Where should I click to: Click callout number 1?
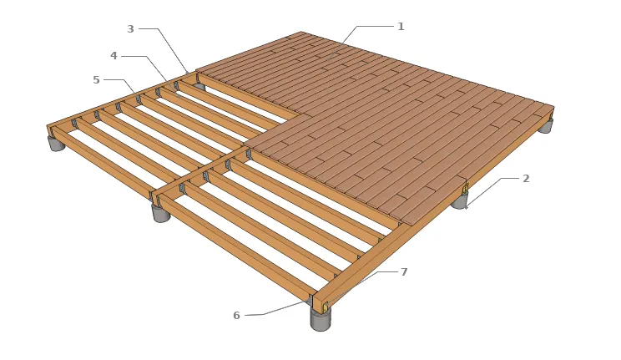click(x=401, y=27)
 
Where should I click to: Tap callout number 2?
click(x=526, y=179)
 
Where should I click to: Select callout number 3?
click(x=131, y=29)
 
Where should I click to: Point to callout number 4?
click(x=114, y=56)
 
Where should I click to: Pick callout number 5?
click(x=96, y=79)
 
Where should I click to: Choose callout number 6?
click(x=236, y=315)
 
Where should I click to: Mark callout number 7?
click(x=404, y=272)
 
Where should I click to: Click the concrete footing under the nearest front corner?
click(x=321, y=320)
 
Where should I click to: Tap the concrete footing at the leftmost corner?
click(x=57, y=143)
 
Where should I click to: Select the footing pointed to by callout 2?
click(x=460, y=200)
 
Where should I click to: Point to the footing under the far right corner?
click(x=545, y=126)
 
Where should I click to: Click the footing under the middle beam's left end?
click(x=161, y=212)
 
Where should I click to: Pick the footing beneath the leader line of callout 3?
click(x=199, y=86)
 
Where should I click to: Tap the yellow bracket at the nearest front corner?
click(x=326, y=306)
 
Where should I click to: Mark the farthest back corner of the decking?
click(x=301, y=32)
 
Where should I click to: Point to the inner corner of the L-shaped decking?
click(x=310, y=115)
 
